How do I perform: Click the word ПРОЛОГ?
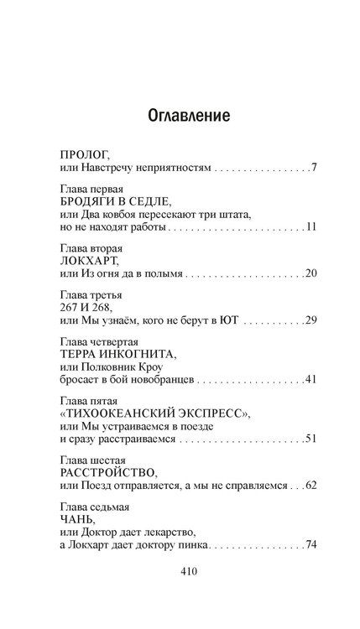pyautogui.click(x=86, y=156)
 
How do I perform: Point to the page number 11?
pyautogui.click(x=310, y=227)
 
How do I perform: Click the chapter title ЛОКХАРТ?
pyautogui.click(x=91, y=263)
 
